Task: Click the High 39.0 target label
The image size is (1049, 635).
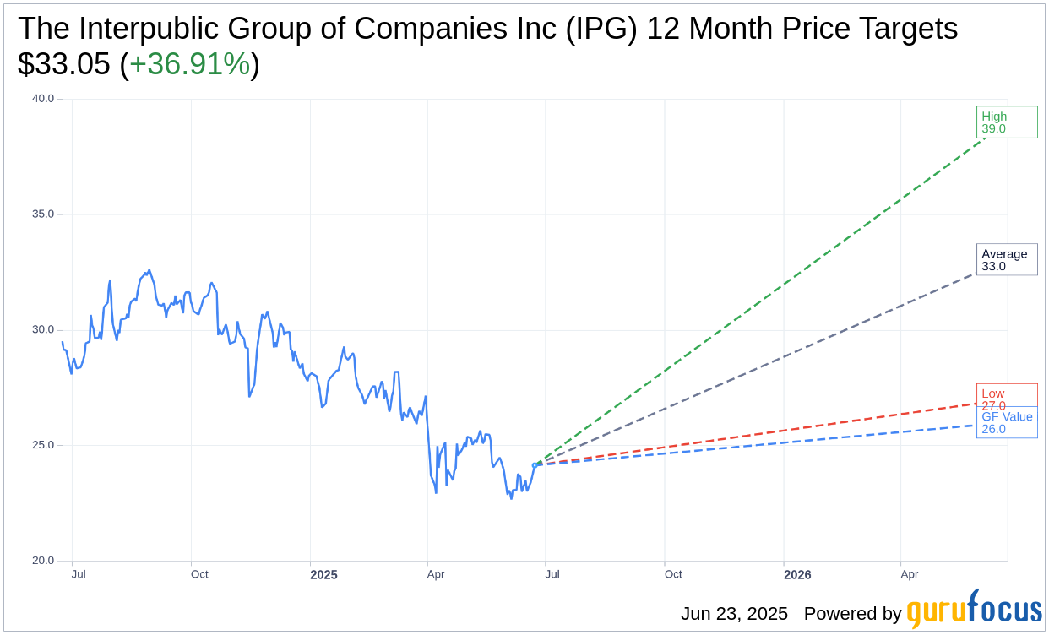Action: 1006,122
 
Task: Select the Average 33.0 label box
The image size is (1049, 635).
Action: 1006,260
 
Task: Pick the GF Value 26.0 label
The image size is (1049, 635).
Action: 1006,422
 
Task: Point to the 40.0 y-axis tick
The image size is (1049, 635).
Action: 43,99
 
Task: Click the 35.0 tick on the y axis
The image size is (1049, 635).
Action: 43,214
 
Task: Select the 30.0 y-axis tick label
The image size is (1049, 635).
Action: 43,329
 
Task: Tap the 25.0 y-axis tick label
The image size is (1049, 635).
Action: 43,445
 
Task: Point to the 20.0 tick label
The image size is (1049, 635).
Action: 43,561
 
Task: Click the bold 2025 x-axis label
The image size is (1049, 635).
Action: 323,575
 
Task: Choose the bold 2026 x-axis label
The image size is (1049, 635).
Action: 797,575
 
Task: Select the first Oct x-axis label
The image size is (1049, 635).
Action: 199,574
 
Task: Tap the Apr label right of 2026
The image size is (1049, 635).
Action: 909,574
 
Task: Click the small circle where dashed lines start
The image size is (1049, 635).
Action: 535,465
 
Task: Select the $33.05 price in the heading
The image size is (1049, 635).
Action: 63,64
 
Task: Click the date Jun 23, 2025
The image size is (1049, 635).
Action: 734,614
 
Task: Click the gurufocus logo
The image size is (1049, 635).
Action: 974,611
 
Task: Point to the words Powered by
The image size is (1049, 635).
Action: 852,614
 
